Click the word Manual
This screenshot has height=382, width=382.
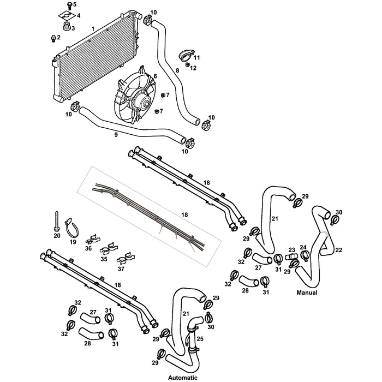pos(307,293)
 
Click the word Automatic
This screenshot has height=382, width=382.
pos(183,377)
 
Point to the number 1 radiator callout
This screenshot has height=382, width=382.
pos(93,28)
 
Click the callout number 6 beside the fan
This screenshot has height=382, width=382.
pos(155,76)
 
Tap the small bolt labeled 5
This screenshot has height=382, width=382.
pos(69,5)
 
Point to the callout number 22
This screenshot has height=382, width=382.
pos(339,250)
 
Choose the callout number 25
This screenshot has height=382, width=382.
pos(200,339)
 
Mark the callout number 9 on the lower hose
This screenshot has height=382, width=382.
pos(116,134)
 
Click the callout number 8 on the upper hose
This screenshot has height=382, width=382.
pos(177,71)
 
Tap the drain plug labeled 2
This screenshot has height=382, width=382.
pos(52,38)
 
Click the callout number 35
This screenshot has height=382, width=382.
pos(103,260)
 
